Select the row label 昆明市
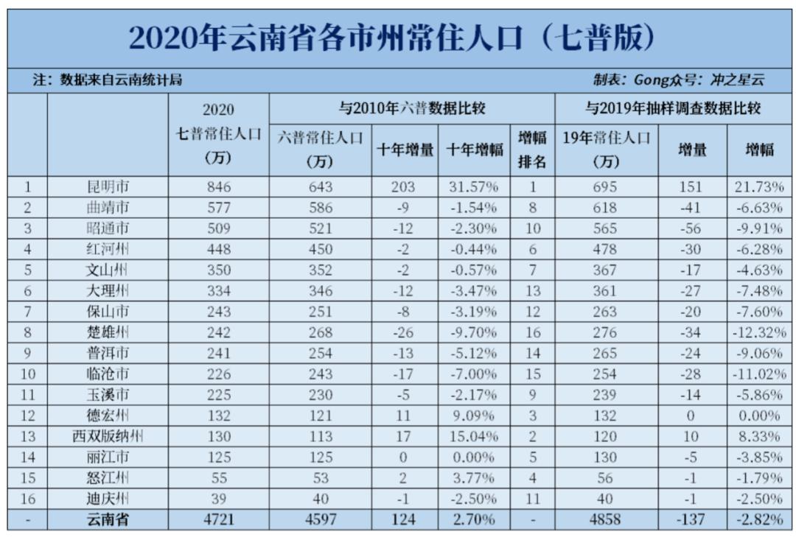(108, 187)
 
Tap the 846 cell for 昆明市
(219, 187)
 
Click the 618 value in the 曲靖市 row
(605, 208)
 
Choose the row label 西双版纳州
(108, 436)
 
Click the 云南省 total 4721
(219, 520)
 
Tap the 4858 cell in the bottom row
(605, 520)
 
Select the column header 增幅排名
(531, 150)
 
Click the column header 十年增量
(405, 150)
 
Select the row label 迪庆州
(108, 499)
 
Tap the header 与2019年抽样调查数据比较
(672, 110)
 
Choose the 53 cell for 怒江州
(321, 478)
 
